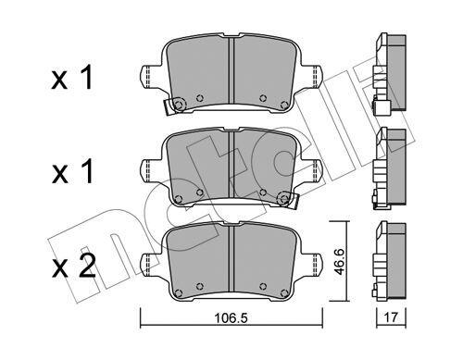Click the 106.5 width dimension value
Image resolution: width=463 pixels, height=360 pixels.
pyautogui.click(x=231, y=317)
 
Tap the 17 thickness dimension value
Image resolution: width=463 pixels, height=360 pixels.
pyautogui.click(x=391, y=317)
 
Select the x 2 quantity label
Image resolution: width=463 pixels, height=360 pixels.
pyautogui.click(x=73, y=267)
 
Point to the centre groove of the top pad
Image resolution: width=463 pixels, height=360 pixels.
pyautogui.click(x=231, y=70)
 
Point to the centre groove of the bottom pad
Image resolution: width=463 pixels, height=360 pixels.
pyautogui.click(x=231, y=258)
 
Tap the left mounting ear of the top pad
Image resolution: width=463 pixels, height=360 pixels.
pyautogui.click(x=151, y=76)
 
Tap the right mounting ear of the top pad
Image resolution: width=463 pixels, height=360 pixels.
pyautogui.click(x=312, y=76)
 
